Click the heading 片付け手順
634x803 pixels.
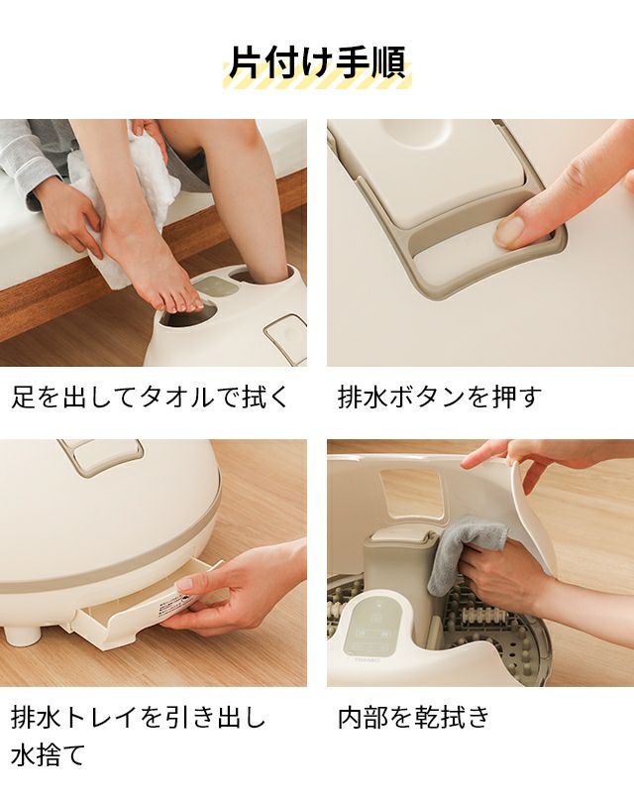[x=317, y=62]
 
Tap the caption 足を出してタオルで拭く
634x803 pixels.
[x=151, y=397]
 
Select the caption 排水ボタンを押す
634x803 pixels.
[x=439, y=397]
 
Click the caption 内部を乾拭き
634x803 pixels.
[x=413, y=717]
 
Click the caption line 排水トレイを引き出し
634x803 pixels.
[x=138, y=717]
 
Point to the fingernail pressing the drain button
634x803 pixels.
[x=510, y=231]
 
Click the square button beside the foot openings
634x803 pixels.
[x=286, y=335]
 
